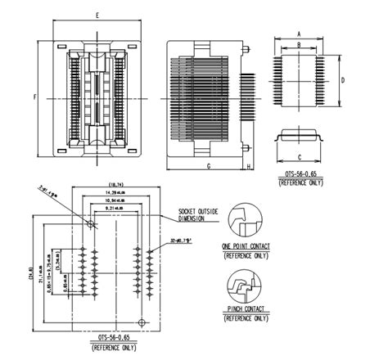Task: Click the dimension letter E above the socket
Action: pos(97,16)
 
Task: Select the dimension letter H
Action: pos(248,165)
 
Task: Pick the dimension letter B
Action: pos(300,44)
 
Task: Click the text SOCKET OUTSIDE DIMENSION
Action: pos(198,214)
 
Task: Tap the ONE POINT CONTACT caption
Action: pos(245,246)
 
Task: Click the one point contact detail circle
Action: pos(245,219)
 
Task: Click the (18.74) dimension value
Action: pos(115,184)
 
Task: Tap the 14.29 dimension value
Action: pos(115,191)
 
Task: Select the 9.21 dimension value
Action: pos(115,210)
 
